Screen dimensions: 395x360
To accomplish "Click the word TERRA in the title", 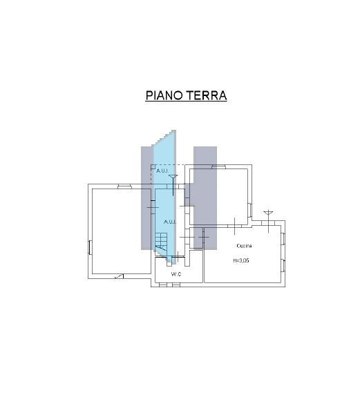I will click(207, 95).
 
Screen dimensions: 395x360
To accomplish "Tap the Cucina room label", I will click(243, 247).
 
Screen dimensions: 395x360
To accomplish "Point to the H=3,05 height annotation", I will click(242, 261).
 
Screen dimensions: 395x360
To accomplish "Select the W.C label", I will click(176, 275).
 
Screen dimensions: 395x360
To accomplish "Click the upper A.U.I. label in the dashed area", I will click(162, 170).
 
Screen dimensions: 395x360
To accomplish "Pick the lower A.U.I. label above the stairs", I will click(169, 222).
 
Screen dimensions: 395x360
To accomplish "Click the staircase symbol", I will click(161, 241).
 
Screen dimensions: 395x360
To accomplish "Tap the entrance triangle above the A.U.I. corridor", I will click(172, 178).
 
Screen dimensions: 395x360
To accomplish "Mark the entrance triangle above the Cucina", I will click(269, 211).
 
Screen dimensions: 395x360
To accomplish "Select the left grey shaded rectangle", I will click(146, 197).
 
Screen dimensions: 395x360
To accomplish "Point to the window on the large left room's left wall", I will click(90, 246).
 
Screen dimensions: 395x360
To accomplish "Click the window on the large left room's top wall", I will click(125, 185).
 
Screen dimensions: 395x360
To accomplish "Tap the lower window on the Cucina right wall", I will click(283, 264).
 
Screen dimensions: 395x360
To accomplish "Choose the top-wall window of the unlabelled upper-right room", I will click(218, 166).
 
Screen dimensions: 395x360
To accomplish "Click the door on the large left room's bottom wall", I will click(120, 276).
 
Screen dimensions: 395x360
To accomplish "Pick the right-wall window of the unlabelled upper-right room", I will click(250, 209).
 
